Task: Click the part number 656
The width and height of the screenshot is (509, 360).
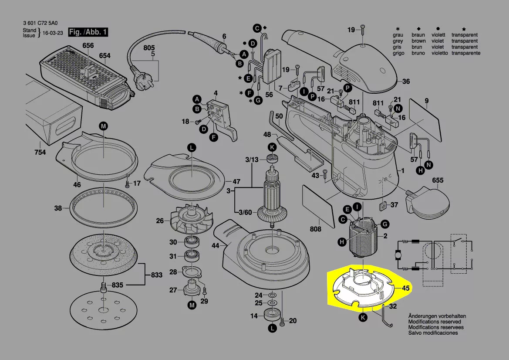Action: pos(88,46)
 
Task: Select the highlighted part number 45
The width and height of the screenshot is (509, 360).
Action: pos(405,288)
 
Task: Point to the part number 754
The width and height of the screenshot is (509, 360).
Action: pos(40,152)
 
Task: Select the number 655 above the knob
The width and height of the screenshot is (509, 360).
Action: pos(438,180)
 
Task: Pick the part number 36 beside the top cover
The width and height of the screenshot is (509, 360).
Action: pos(406,81)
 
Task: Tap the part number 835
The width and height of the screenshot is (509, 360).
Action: pos(118,285)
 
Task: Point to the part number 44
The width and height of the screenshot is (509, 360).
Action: pos(216,246)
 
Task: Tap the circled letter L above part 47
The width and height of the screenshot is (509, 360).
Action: pos(192,148)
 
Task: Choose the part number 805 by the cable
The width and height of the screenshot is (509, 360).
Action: pos(149,48)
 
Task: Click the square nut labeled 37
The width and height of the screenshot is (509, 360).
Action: pos(383,205)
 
